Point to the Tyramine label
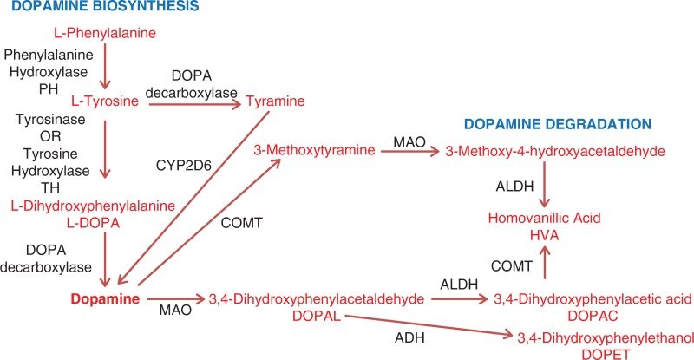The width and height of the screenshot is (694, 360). click(275, 101)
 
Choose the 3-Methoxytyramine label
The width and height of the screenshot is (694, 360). click(315, 150)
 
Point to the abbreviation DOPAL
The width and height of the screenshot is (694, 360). click(317, 316)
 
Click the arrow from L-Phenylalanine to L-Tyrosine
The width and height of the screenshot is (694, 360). click(105, 68)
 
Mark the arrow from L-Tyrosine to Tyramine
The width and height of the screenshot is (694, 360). click(194, 104)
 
